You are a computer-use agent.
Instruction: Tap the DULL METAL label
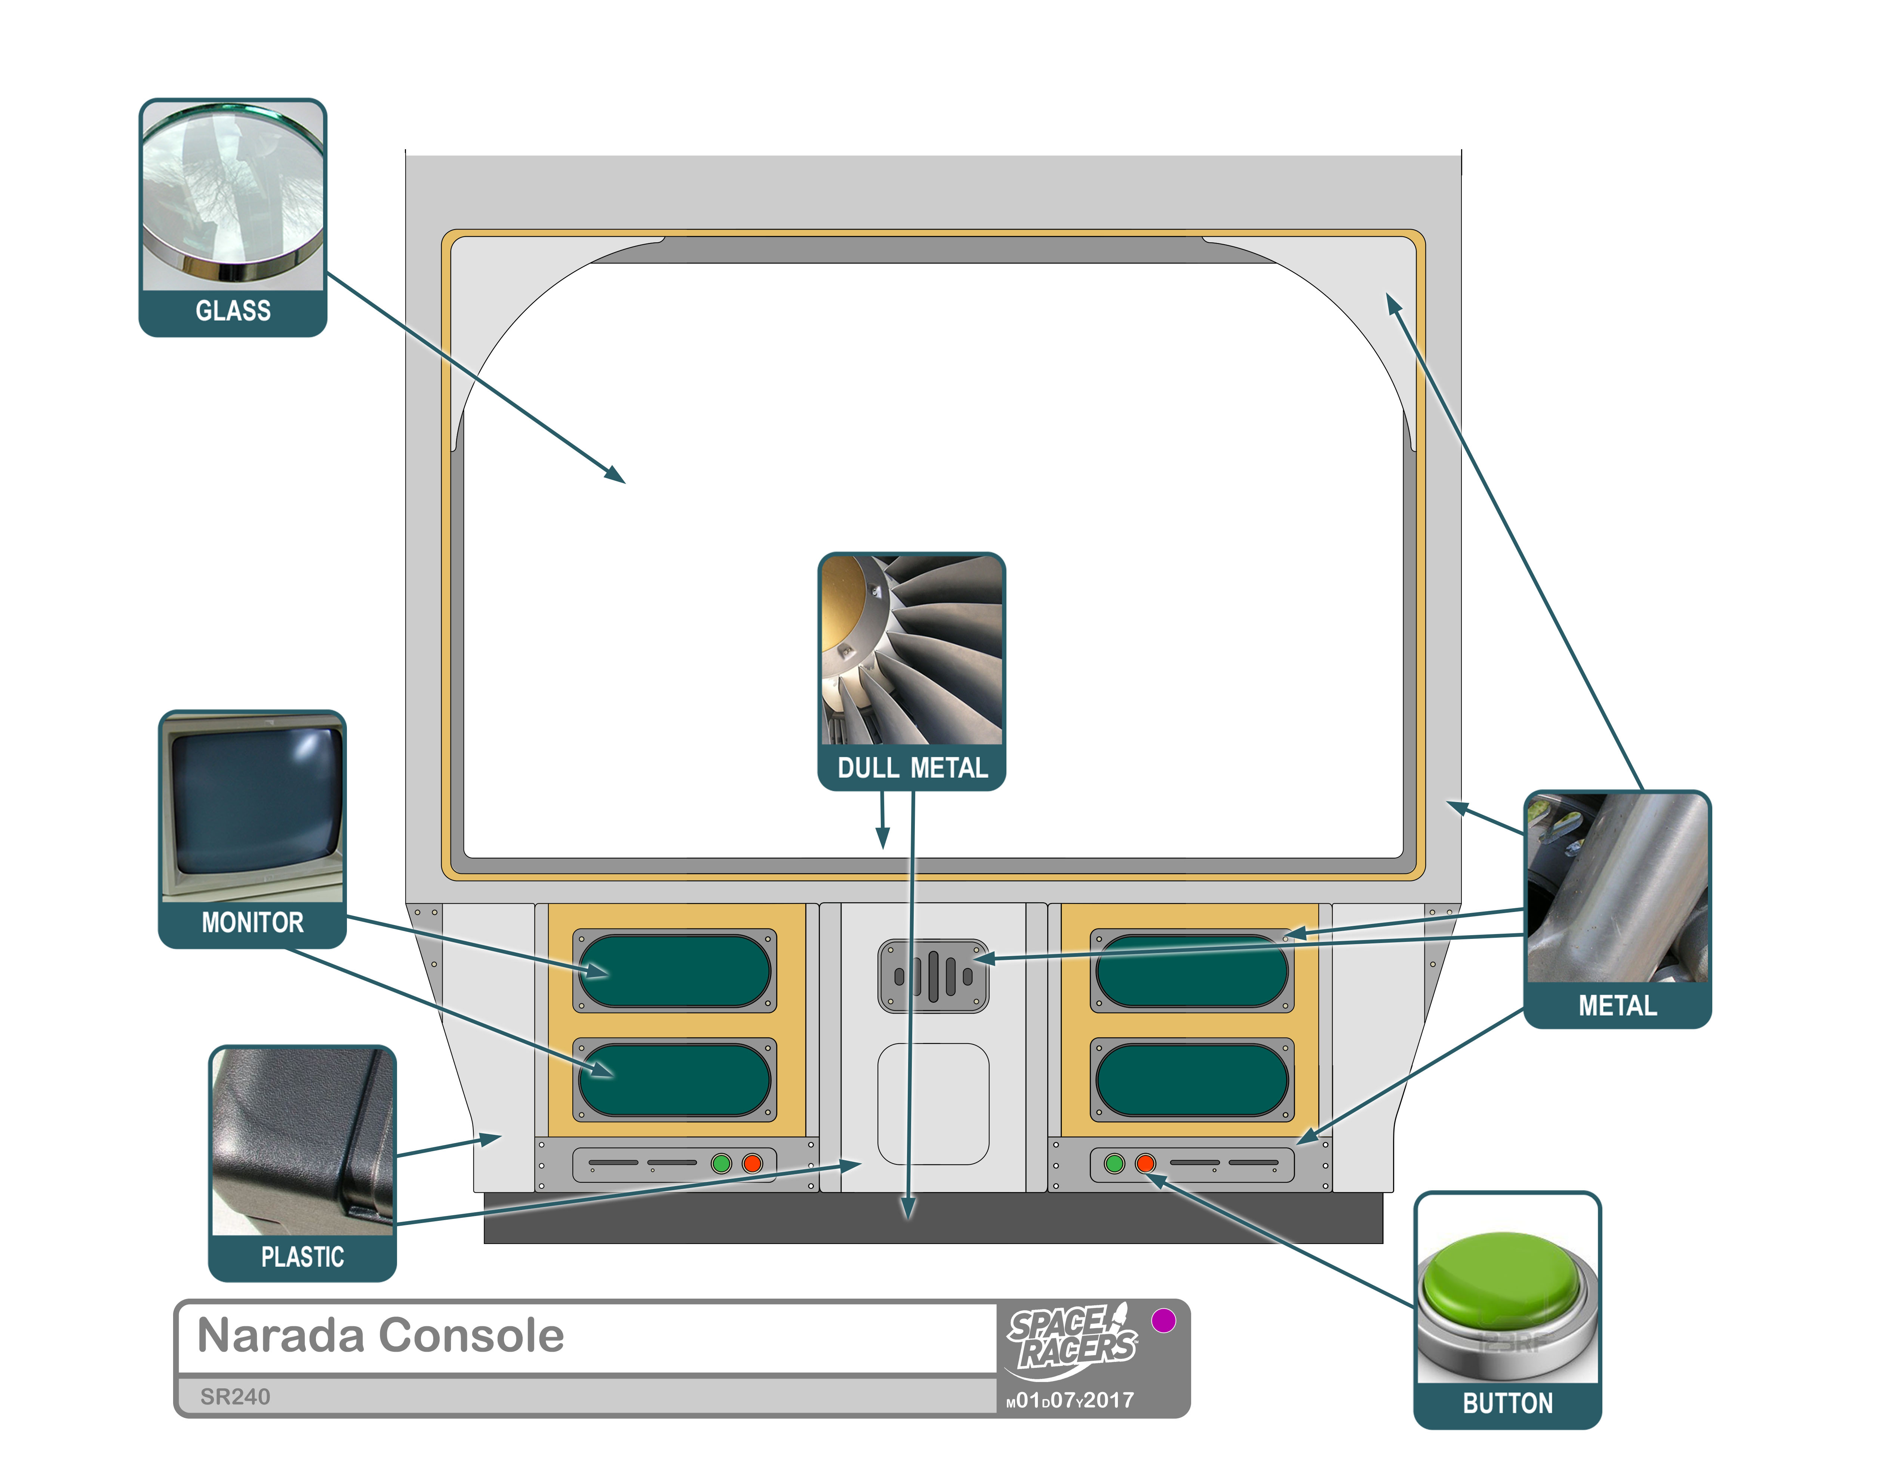tap(912, 768)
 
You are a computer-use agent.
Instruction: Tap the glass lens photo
tap(233, 196)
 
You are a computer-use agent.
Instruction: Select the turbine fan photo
tap(912, 650)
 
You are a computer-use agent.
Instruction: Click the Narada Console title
tap(381, 1335)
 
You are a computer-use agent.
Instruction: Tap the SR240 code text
tap(234, 1397)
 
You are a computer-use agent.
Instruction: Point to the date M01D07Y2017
tap(1070, 1400)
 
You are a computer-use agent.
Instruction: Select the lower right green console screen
tap(1192, 1080)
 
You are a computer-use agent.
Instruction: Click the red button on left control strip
tap(752, 1163)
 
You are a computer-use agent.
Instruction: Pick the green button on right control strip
tap(1114, 1163)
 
